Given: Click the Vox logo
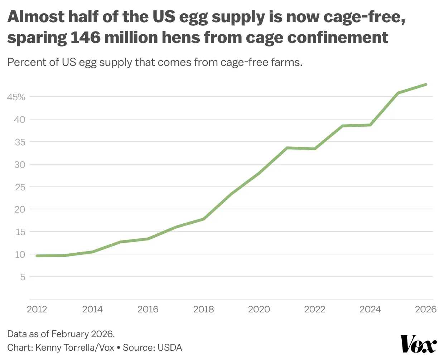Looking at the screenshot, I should coord(418,344).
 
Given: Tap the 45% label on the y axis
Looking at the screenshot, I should coord(16,97).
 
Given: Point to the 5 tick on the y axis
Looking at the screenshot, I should coord(23,277).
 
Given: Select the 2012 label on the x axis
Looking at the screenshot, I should coord(37,309).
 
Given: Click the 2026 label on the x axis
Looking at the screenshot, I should coord(425,309).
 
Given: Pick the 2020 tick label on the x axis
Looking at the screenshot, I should coord(259,309).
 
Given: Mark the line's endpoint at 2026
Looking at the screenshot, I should coord(426,84).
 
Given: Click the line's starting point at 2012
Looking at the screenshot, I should coord(37,256).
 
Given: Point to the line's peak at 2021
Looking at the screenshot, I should coord(287,148).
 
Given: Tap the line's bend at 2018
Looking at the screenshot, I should coord(203,219).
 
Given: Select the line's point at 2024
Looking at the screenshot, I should coord(370,125).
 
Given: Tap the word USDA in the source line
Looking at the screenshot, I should coord(170,347).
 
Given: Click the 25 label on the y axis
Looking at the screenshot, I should coord(20,187).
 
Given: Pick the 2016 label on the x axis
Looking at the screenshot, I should coord(148,309).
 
